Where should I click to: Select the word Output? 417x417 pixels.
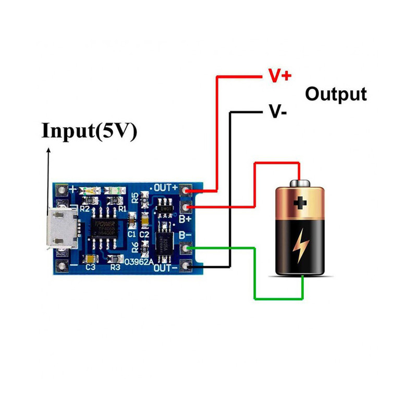click(336, 94)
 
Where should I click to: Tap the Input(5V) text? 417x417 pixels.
click(89, 130)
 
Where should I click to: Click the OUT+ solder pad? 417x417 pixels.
click(187, 190)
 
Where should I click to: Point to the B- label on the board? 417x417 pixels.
click(186, 236)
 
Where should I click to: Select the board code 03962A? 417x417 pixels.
click(139, 262)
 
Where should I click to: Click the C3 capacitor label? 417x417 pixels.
click(90, 267)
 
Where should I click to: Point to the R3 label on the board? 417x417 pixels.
click(115, 267)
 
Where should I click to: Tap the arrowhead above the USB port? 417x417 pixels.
click(48, 150)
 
